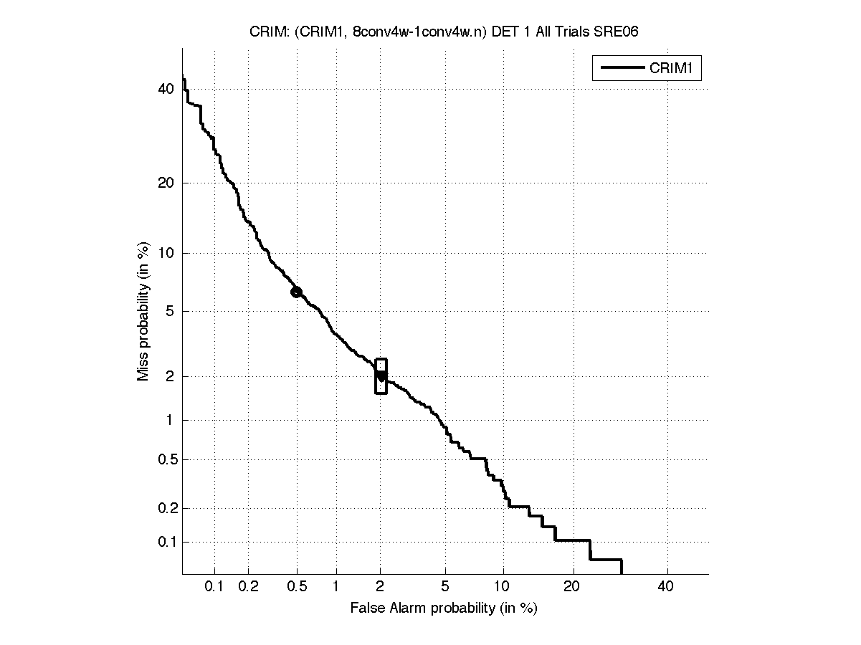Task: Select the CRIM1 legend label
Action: point(674,68)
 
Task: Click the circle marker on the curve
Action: point(296,292)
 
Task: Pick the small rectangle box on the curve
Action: point(381,376)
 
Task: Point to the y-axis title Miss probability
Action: point(143,312)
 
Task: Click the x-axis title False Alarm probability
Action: point(444,608)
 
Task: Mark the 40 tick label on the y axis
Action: point(166,89)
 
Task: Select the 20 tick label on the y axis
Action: point(166,183)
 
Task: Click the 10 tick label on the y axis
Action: point(166,253)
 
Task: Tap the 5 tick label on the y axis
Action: point(170,311)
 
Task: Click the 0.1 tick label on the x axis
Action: point(214,587)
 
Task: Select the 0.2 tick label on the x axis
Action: point(248,587)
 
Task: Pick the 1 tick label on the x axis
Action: point(336,587)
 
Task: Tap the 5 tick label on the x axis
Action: point(445,587)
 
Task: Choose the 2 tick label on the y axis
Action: point(170,376)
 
